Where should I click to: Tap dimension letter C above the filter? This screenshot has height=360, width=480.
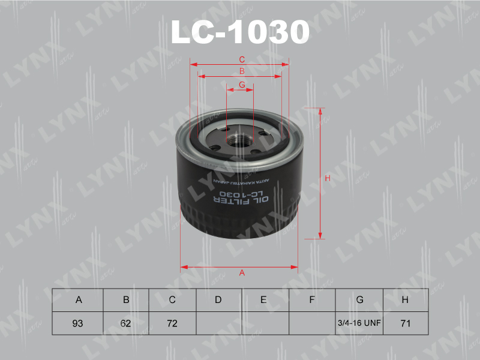pos(242,59)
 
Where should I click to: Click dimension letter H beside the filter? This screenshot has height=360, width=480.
pos(328,178)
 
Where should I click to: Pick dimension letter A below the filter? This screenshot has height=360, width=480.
pos(242,273)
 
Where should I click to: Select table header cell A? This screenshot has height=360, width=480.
pos(77,300)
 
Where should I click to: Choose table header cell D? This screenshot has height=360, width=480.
pos(218,300)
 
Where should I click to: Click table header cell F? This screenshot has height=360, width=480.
pos(312,300)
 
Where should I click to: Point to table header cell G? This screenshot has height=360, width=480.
pos(359,300)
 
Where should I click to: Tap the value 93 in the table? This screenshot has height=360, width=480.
pos(77,323)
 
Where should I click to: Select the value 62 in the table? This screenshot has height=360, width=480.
pos(125,323)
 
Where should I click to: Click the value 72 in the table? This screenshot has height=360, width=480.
pos(172,323)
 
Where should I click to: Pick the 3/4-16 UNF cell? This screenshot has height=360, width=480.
pos(359,323)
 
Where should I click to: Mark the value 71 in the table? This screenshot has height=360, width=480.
pos(405,323)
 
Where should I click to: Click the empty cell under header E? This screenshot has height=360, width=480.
pos(265,323)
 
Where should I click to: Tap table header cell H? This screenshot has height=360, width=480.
pos(405,300)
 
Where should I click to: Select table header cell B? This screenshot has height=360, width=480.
pos(125,300)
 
